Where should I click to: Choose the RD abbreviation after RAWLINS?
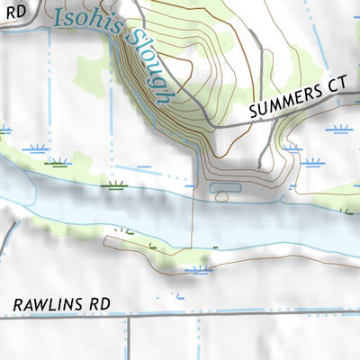(x=98, y=304)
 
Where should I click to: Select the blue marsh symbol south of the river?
(x=198, y=267)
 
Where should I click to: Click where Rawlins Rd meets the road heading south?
(x=128, y=316)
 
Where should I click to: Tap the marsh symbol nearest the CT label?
(x=340, y=129)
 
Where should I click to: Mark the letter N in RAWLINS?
(x=72, y=305)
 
